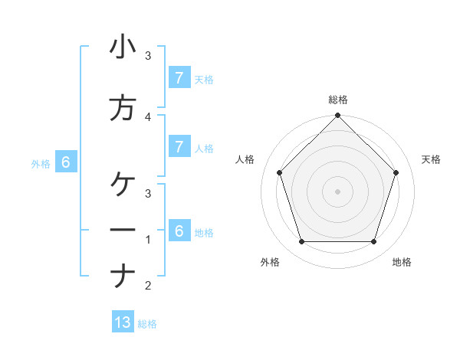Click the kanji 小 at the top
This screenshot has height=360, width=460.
pyautogui.click(x=123, y=48)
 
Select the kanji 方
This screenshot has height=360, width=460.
pyautogui.click(x=123, y=109)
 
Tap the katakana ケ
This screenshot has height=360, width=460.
pyautogui.click(x=123, y=184)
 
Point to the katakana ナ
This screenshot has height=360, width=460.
pyautogui.click(x=123, y=276)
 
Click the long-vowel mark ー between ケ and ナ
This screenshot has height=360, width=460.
pyautogui.click(x=123, y=230)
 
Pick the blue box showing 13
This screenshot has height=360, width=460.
pyautogui.click(x=123, y=322)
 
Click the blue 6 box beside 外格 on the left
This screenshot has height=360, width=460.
pyautogui.click(x=66, y=162)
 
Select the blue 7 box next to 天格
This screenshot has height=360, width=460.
pyautogui.click(x=179, y=77)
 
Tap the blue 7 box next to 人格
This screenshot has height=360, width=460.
pyautogui.click(x=179, y=146)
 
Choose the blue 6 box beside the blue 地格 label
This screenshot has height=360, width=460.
pyautogui.click(x=179, y=231)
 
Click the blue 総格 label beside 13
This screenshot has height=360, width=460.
pyautogui.click(x=147, y=324)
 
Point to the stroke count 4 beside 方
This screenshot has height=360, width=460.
pyautogui.click(x=148, y=117)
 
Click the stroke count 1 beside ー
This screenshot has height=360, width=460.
pyautogui.click(x=148, y=240)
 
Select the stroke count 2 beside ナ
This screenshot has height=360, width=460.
pyautogui.click(x=148, y=286)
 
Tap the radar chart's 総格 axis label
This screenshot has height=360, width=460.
pyautogui.click(x=337, y=100)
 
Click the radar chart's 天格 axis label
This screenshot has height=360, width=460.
pyautogui.click(x=431, y=159)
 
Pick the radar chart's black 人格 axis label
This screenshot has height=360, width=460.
pyautogui.click(x=245, y=159)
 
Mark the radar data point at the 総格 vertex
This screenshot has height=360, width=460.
pyautogui.click(x=337, y=116)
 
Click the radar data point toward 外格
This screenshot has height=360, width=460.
pyautogui.click(x=301, y=242)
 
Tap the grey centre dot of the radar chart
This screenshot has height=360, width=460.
pyautogui.click(x=337, y=191)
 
